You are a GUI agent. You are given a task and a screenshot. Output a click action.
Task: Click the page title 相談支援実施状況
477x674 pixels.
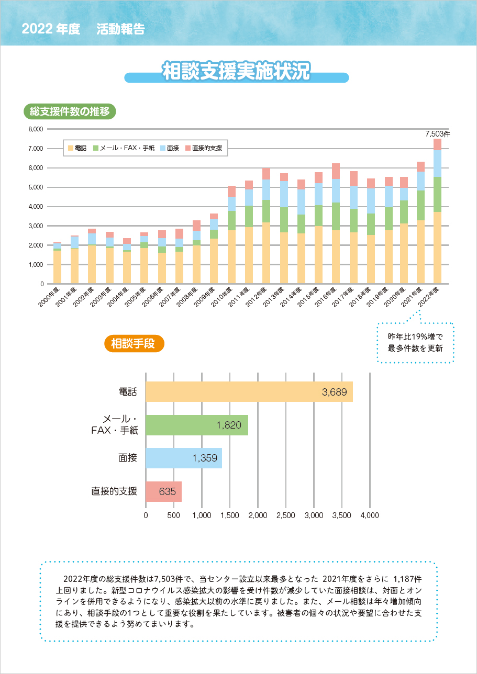pyautogui.click(x=236, y=72)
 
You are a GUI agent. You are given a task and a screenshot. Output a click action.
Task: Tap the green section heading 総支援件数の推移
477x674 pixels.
pyautogui.click(x=70, y=111)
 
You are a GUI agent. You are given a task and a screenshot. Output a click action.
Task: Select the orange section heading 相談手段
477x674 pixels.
pyautogui.click(x=135, y=344)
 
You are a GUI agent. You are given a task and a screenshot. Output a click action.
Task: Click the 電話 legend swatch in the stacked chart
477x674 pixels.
pyautogui.click(x=71, y=148)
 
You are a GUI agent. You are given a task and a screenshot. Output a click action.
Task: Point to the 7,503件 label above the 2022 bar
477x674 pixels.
pyautogui.click(x=437, y=134)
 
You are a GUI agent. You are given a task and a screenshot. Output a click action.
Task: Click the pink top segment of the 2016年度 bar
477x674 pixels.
pyautogui.click(x=336, y=171)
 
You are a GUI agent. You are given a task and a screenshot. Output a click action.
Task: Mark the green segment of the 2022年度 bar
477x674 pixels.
pyautogui.click(x=437, y=194)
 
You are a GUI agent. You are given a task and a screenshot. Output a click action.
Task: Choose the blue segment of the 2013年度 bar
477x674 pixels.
pyautogui.click(x=284, y=194)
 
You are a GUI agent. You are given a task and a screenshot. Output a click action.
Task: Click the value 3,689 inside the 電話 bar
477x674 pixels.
pyautogui.click(x=334, y=392)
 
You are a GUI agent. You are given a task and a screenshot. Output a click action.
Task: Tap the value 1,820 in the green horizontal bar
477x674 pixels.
pyautogui.click(x=229, y=425)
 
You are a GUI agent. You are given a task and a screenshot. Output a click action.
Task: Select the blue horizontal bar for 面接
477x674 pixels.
pyautogui.click(x=183, y=458)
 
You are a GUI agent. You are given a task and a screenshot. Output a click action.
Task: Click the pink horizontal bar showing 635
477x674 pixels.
pyautogui.click(x=163, y=491)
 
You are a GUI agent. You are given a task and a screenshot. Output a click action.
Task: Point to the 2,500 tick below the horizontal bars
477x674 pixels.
pyautogui.click(x=285, y=515)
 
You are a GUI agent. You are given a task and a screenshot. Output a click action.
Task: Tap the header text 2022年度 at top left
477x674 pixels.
pyautogui.click(x=51, y=29)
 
